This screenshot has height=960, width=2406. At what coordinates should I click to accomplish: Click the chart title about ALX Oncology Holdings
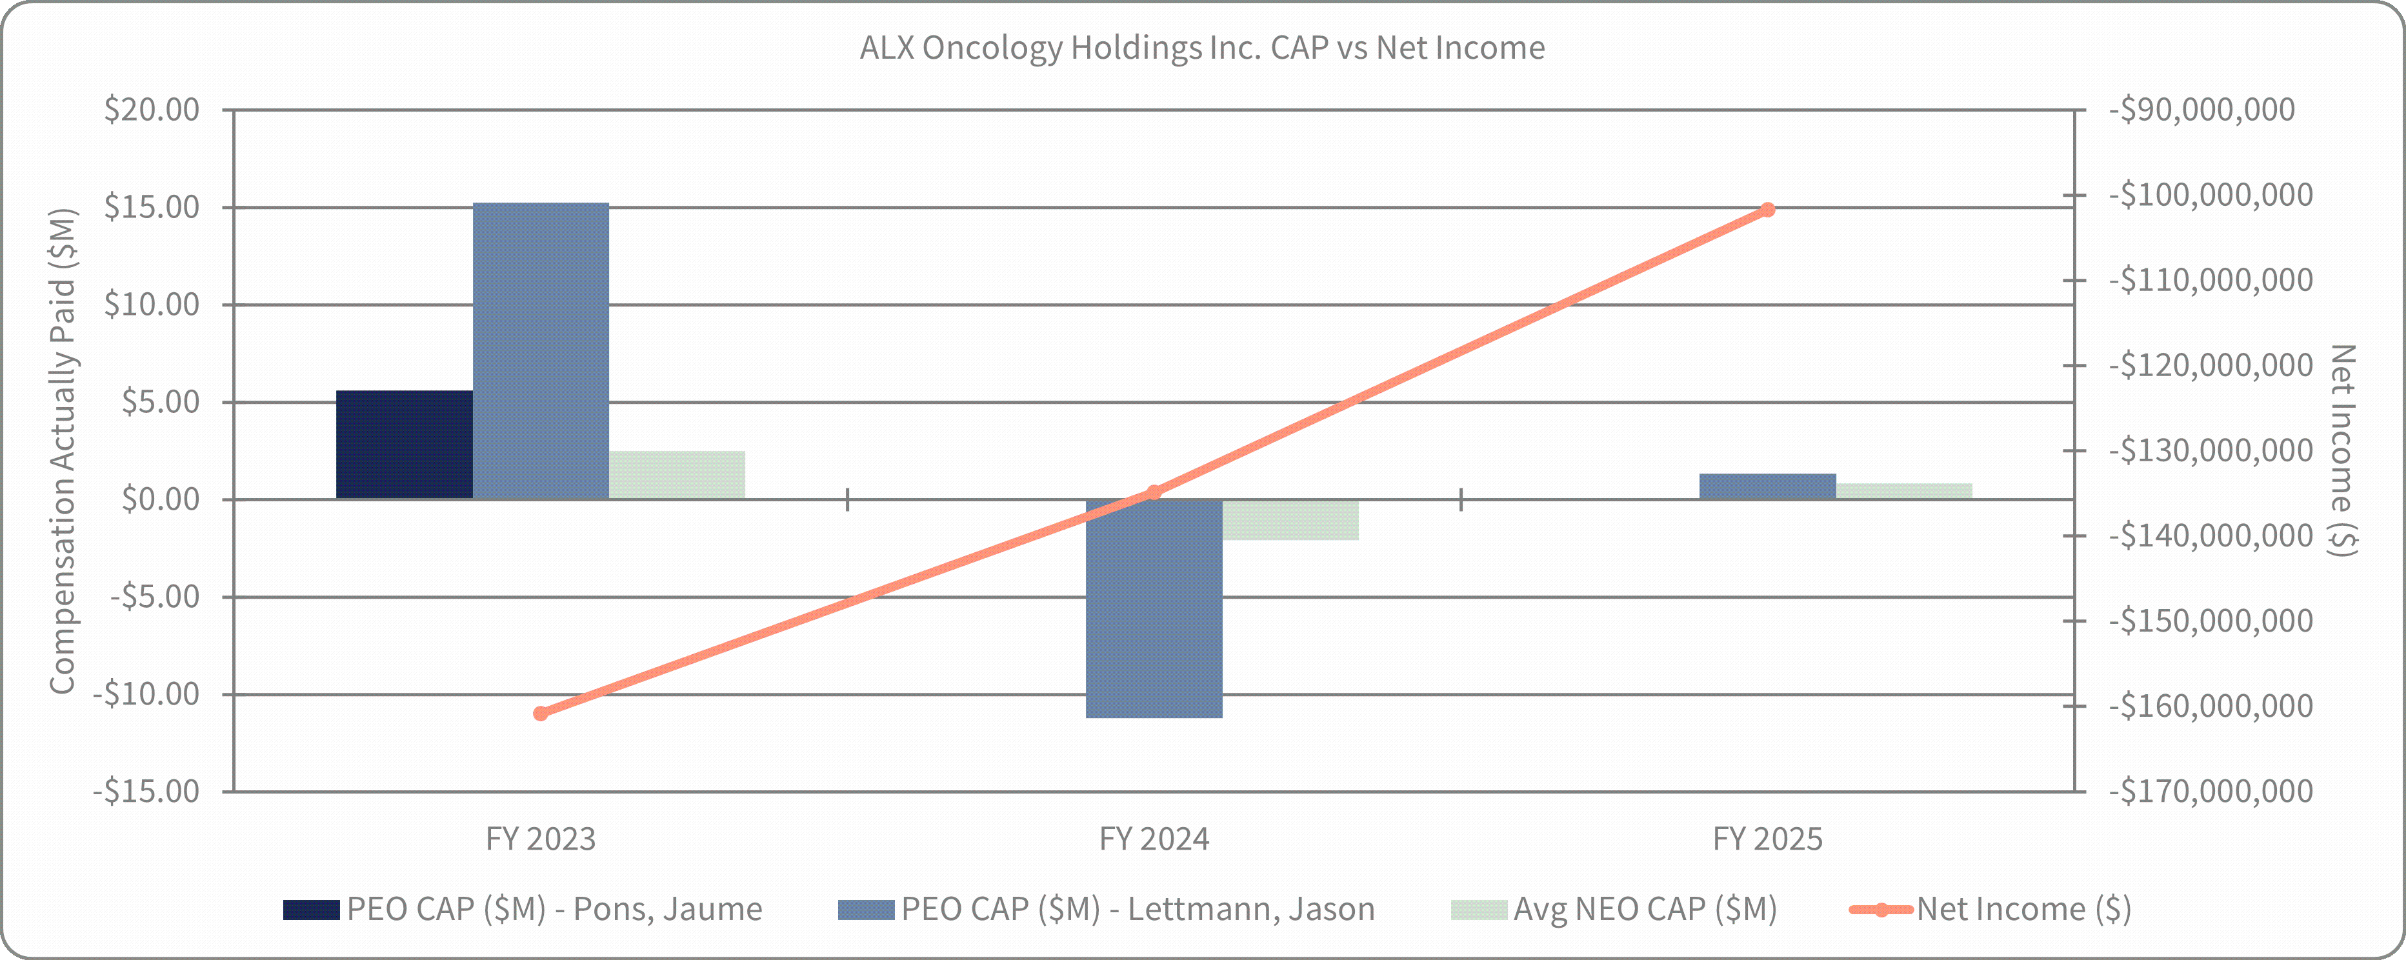tap(1202, 48)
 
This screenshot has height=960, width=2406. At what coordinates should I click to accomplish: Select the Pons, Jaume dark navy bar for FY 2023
tap(405, 445)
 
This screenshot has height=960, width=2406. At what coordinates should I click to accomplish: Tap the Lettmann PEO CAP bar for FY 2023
tap(541, 350)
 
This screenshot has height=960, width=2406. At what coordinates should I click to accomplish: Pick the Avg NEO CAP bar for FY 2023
tap(677, 474)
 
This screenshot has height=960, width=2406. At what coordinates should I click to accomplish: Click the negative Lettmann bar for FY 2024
tap(1154, 608)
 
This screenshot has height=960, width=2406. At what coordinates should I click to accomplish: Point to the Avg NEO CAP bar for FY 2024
tap(1291, 519)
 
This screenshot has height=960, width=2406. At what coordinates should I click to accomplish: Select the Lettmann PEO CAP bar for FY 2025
tap(1768, 486)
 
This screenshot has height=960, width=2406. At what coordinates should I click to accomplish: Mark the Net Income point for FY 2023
tap(541, 714)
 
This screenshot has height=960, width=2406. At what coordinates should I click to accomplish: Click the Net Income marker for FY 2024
tap(1154, 492)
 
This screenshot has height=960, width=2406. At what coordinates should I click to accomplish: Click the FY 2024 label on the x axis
tap(1154, 839)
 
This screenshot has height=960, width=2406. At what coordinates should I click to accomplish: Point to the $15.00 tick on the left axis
tap(152, 206)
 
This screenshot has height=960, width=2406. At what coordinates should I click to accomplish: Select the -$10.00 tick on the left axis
tap(146, 694)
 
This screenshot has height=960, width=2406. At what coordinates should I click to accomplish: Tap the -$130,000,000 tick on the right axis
tap(2211, 450)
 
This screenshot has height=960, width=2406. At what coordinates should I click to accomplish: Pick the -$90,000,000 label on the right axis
tap(2201, 109)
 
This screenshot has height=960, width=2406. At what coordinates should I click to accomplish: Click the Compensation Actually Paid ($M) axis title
tap(63, 451)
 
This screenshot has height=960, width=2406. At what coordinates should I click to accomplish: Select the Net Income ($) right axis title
tap(2343, 450)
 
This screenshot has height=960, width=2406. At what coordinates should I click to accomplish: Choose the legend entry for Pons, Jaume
tap(523, 908)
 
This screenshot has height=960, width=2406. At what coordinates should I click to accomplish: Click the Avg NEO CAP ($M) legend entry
tap(1614, 908)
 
